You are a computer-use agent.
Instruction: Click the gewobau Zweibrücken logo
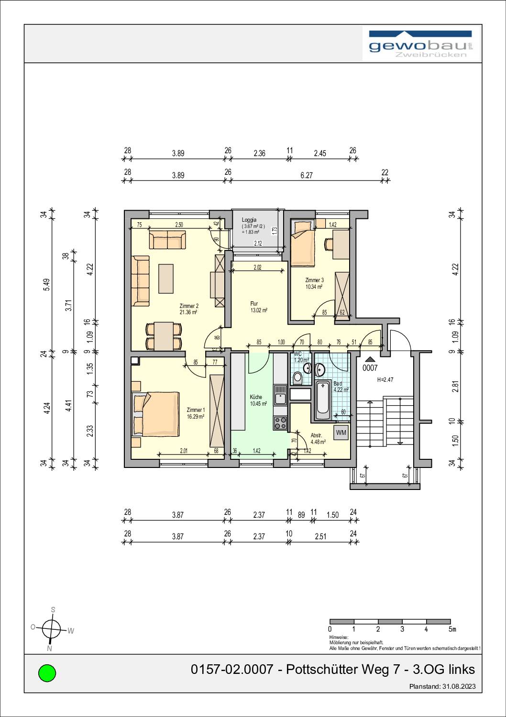click(421, 45)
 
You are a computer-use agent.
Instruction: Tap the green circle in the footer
click(47, 673)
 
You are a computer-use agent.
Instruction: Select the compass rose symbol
click(51, 628)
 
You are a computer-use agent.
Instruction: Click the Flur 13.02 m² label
click(258, 307)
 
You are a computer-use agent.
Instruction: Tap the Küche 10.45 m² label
click(256, 400)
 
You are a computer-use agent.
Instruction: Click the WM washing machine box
click(341, 432)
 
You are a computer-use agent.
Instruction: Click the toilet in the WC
click(297, 377)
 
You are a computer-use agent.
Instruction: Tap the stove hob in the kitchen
click(280, 422)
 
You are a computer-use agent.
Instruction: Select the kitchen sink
click(279, 396)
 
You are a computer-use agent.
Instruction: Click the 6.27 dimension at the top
click(306, 175)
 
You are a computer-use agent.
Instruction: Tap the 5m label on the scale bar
click(452, 629)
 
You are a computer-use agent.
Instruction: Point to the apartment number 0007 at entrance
click(370, 368)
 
